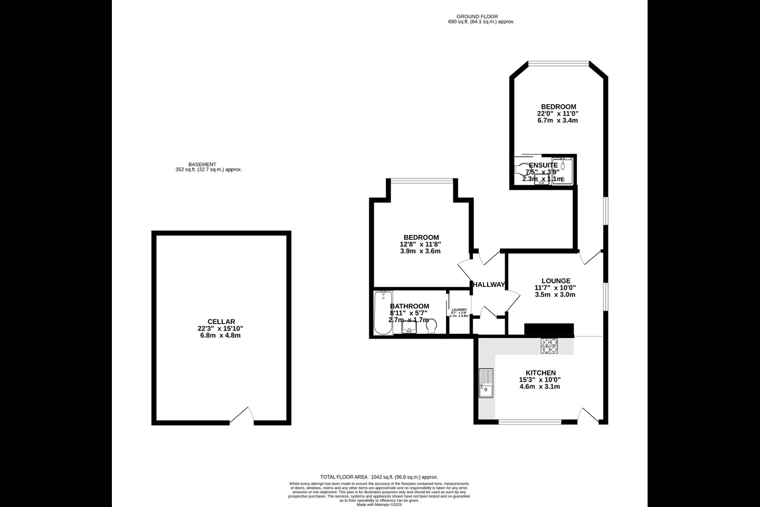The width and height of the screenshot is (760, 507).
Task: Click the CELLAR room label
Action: (x=221, y=322)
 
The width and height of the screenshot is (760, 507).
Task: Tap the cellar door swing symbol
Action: (x=242, y=416)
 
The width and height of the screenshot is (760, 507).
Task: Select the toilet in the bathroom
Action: (x=431, y=326)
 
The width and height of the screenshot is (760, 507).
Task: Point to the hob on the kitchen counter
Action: (x=549, y=346)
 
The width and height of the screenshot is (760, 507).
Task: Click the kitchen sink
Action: (x=486, y=383)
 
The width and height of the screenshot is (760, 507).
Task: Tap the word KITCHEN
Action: (x=540, y=373)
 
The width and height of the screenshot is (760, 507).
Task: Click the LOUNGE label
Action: (x=556, y=281)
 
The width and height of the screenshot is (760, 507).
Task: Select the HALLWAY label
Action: (x=489, y=285)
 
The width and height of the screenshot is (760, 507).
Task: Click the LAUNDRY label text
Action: (x=459, y=309)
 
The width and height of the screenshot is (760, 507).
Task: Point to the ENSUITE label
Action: (x=543, y=165)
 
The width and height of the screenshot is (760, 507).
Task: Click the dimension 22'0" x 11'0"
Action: (x=558, y=114)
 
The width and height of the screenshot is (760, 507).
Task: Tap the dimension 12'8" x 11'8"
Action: (x=421, y=244)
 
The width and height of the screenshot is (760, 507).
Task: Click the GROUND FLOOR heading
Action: (x=477, y=16)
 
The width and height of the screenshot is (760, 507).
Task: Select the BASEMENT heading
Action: (x=202, y=164)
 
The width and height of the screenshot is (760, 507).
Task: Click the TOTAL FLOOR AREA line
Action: (x=379, y=477)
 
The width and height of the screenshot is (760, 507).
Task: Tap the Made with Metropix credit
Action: (x=379, y=504)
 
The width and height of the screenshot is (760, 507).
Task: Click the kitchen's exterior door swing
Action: (x=590, y=415)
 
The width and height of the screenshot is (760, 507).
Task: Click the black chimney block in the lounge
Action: (x=549, y=329)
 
